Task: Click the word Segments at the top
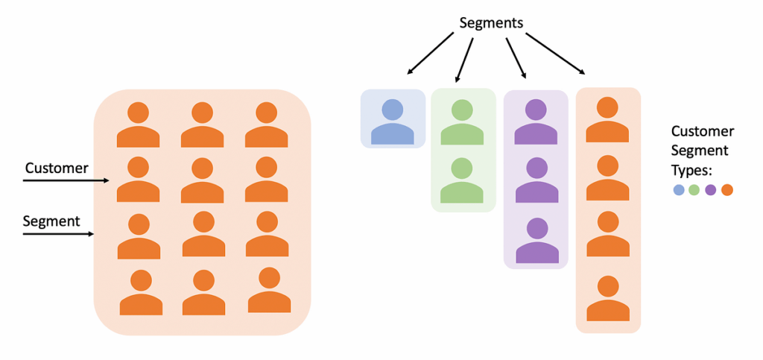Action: tap(491, 22)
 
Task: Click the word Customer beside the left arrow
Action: tap(57, 168)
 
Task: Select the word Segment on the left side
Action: tap(51, 221)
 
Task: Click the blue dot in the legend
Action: tap(679, 190)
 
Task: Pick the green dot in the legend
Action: tap(694, 190)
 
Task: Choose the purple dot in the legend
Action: tap(710, 190)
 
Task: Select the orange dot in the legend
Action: tap(726, 190)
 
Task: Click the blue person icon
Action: tap(393, 122)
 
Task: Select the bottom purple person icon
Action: tap(536, 241)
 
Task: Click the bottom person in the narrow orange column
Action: tap(608, 298)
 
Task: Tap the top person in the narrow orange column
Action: tap(608, 119)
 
